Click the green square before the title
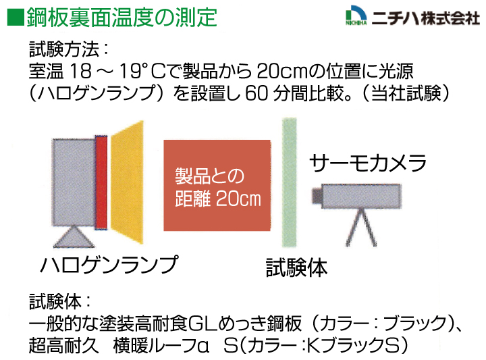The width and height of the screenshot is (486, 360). coord(16,18)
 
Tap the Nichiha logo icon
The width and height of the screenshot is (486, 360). coord(356,15)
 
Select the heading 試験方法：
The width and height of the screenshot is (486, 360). coord(69,49)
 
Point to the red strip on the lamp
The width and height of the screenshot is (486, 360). coord(101,182)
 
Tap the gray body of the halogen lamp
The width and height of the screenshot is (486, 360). coord(74,182)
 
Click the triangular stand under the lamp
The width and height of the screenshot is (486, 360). coord(74,236)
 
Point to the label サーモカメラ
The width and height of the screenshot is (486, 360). coord(368,163)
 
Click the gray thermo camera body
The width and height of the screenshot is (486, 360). coord(361,196)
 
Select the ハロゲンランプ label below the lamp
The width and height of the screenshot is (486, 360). coord(109,265)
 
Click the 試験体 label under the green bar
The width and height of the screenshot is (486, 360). coord(296,267)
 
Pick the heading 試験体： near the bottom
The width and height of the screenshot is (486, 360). coord(60,301)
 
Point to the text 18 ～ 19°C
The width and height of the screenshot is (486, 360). coord(122,71)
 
